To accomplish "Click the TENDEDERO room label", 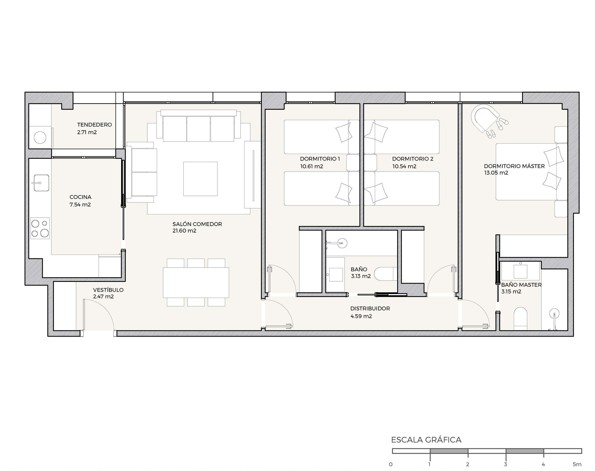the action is [x=94, y=125].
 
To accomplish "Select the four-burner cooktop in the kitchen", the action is [x=40, y=228].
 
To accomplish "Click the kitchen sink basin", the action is [x=40, y=183].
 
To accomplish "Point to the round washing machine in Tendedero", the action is [x=40, y=138].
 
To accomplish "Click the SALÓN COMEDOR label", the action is [x=197, y=224].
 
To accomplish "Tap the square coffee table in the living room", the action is [x=200, y=179].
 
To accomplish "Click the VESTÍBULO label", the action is [x=108, y=290].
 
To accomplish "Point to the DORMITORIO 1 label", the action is [x=320, y=158].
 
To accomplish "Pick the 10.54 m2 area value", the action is [x=404, y=166].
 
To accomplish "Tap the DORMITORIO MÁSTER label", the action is [x=514, y=166].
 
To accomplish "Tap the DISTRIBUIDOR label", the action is [x=370, y=308].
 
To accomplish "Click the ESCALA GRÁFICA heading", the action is [x=426, y=439].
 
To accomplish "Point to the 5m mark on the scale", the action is [x=577, y=464].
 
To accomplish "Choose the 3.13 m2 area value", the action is [x=361, y=276].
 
